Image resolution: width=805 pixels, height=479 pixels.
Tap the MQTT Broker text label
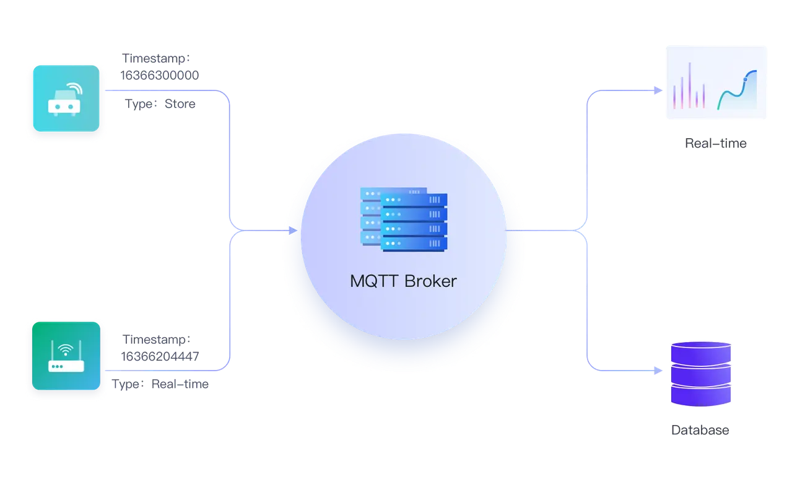coord(403,281)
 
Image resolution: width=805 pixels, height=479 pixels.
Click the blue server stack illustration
coord(404,219)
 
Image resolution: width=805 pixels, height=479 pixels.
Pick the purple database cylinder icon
coord(701,373)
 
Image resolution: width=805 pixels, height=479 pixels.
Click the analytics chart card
coord(717,81)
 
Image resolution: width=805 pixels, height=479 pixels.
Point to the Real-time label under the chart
coord(715,144)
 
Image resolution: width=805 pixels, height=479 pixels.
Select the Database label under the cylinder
coord(700,429)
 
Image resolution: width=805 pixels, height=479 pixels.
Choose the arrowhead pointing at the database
coord(658,371)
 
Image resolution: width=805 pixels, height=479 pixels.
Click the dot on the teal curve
coord(746,78)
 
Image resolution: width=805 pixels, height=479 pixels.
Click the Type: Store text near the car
coord(160,104)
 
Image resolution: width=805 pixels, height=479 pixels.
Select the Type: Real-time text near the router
coord(162,385)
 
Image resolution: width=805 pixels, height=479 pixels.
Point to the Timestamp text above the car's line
coord(156,58)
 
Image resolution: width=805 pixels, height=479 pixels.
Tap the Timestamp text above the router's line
coord(157,340)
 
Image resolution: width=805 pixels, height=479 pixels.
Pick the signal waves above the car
coord(74,87)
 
